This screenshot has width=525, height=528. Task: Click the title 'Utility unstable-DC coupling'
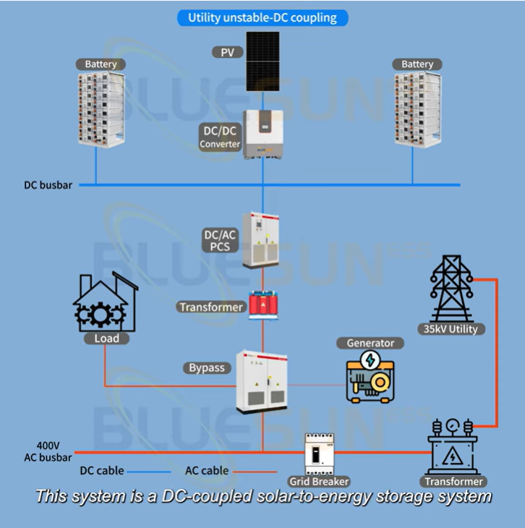click(262, 17)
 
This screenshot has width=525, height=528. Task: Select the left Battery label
click(101, 64)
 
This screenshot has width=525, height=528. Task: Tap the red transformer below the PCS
click(262, 305)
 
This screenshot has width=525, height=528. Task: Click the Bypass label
click(207, 368)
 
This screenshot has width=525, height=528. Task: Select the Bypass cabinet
click(262, 380)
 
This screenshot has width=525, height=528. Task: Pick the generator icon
click(370, 376)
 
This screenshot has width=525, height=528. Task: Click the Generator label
click(370, 343)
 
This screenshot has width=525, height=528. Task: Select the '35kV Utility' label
click(452, 329)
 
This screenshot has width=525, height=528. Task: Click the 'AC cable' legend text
click(207, 471)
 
